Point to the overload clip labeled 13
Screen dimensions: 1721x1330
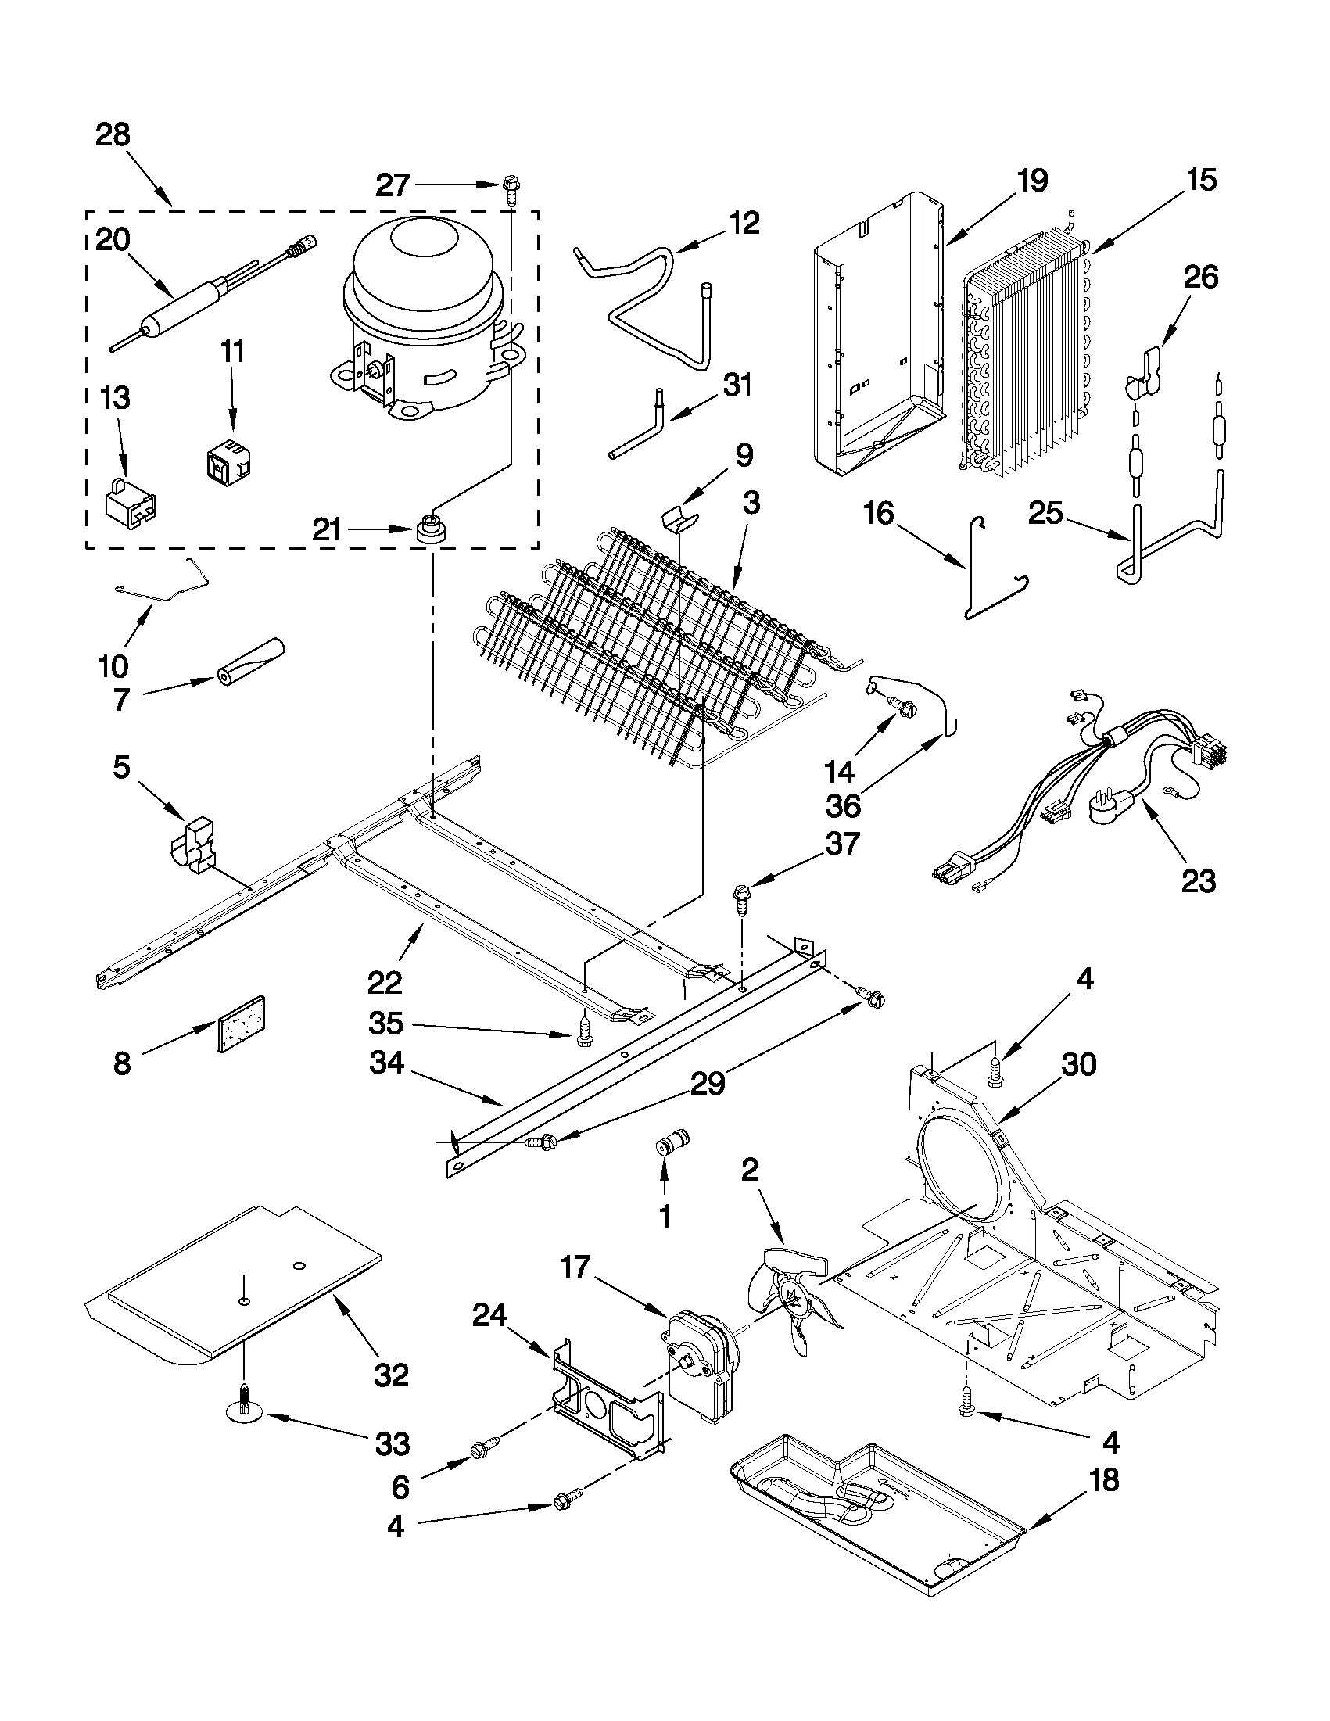[129, 501]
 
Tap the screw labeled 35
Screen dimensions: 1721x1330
[585, 1033]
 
